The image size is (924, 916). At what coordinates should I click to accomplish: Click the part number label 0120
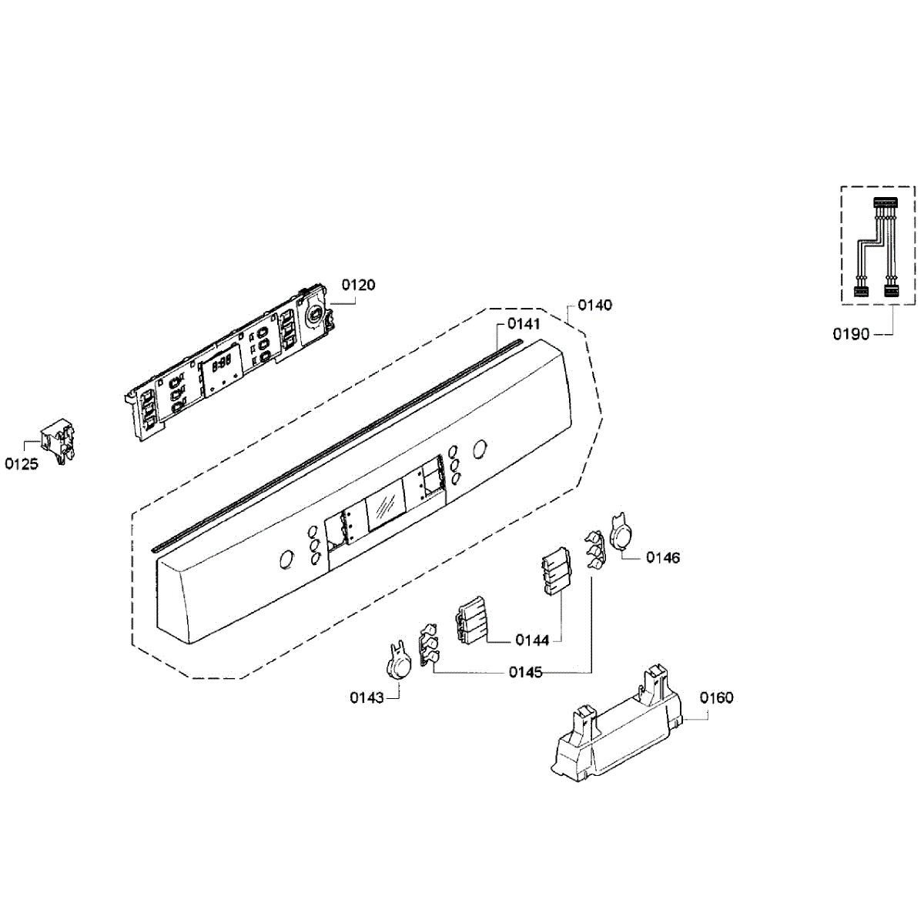358,286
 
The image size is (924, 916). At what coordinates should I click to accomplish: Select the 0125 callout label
22,464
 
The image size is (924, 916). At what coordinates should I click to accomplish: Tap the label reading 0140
594,306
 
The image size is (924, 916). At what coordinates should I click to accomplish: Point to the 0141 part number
524,324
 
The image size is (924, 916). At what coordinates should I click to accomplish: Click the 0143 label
367,697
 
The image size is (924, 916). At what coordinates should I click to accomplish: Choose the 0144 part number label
532,640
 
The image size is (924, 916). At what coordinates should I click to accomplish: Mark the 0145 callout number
525,672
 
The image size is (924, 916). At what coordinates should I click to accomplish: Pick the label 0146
662,557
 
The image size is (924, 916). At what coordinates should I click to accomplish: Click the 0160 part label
716,697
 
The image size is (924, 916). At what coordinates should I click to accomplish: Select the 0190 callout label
851,334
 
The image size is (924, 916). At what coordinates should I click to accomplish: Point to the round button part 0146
622,533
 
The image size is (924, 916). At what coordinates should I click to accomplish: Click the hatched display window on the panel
385,506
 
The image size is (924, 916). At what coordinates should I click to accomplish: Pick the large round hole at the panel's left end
286,560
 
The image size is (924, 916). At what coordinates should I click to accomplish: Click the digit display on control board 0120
223,364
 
